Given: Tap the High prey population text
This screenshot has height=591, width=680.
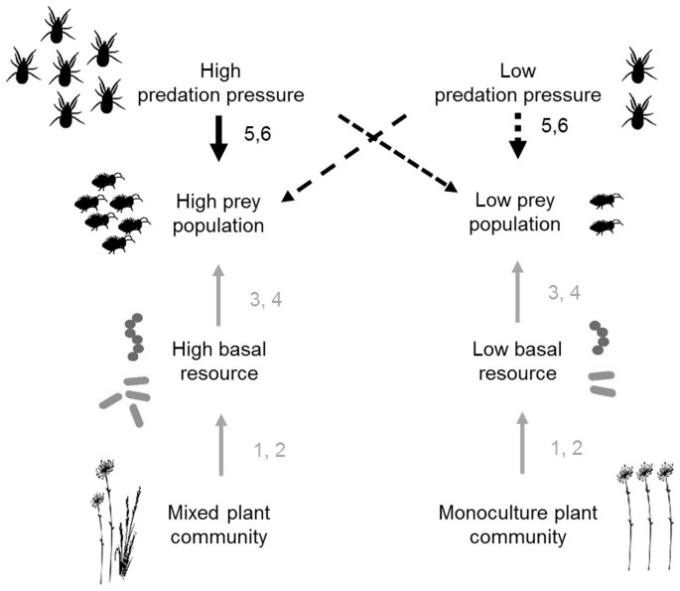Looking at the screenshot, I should click(220, 214).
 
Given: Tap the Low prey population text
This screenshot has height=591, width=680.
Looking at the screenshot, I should click(515, 214).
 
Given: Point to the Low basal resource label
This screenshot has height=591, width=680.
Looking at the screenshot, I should click(515, 362).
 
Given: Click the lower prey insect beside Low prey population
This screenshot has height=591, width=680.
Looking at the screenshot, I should click(602, 226).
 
